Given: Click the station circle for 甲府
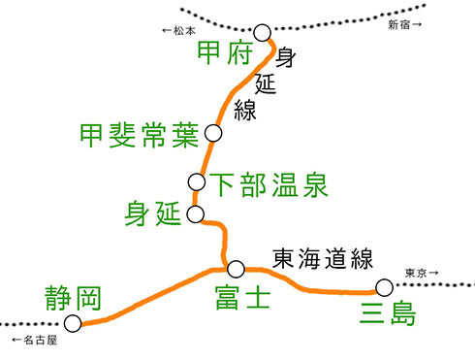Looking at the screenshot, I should click(262, 35).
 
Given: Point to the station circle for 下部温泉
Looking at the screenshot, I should click(197, 181).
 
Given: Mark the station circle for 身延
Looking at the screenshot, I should click(197, 213).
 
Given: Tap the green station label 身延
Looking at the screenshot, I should click(153, 214).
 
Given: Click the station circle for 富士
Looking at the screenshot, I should click(236, 269).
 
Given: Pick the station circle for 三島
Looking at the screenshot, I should click(385, 287).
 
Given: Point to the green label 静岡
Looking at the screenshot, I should click(74, 297).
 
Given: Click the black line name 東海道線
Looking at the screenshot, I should click(322, 258).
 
